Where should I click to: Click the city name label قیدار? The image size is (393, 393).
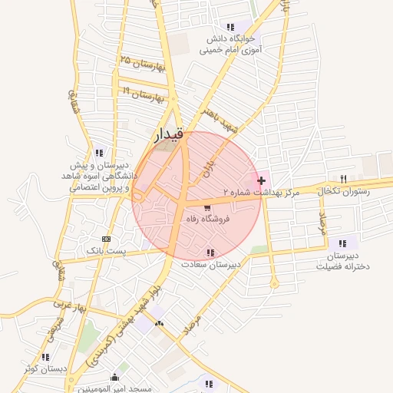[169, 136]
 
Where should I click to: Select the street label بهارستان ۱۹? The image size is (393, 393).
[144, 94]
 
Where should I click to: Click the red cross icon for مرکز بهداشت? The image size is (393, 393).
[262, 180]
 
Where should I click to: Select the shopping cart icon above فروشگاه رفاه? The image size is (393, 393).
[207, 207]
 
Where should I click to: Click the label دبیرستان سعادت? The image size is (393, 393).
[211, 264]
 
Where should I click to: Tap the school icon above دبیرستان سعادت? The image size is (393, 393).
[210, 253]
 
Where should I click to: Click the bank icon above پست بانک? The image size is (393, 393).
[105, 238]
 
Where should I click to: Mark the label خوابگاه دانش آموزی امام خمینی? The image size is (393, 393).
[231, 44]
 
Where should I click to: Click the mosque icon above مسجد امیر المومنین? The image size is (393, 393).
[114, 377]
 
